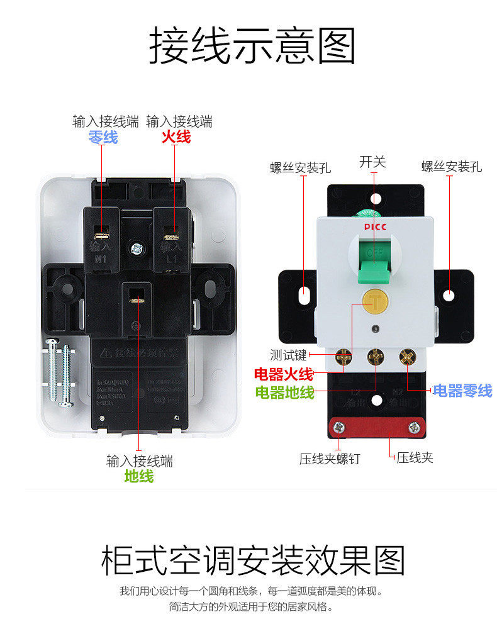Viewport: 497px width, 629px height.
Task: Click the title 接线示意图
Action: pos(252,45)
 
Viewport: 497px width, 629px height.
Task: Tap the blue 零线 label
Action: pos(103,137)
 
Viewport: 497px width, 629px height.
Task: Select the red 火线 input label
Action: pos(176,137)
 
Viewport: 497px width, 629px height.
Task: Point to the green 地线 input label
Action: pos(139,477)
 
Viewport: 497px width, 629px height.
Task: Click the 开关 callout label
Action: pos(372,162)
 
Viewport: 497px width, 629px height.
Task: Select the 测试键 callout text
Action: pos(288,356)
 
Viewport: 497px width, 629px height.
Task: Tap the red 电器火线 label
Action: pos(283,375)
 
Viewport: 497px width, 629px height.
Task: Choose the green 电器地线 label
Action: pos(284,392)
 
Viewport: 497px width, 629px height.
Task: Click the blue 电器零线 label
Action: pos(462,391)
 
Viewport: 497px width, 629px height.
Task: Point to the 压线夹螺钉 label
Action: pos(330,459)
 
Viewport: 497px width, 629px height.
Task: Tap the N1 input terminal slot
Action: pos(101,234)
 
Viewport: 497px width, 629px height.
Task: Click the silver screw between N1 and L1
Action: pos(135,248)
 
